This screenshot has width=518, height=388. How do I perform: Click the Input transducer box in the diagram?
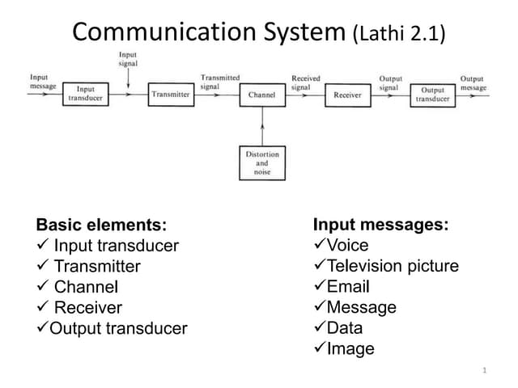point(86,94)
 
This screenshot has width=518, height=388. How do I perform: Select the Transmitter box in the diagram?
point(171,95)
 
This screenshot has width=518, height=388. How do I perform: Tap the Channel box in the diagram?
point(262,95)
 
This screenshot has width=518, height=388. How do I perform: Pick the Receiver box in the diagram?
point(347,95)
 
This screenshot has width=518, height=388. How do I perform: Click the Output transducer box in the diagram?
point(434,95)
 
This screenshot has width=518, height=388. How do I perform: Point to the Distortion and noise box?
point(262,162)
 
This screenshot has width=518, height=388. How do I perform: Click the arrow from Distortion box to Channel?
point(262,126)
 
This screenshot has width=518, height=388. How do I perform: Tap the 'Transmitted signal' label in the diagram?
point(219,82)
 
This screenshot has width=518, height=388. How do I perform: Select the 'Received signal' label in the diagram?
point(305,82)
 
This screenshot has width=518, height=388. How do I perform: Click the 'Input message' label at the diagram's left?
point(42,82)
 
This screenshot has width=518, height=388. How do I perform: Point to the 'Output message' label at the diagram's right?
point(473,82)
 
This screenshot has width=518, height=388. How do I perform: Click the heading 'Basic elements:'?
point(101,225)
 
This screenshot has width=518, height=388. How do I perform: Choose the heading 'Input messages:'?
point(380,224)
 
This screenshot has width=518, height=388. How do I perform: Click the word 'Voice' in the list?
point(347,245)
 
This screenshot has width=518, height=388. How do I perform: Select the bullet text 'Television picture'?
point(393,266)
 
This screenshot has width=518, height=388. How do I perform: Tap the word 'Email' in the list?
point(348,286)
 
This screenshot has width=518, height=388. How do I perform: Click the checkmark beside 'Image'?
point(319,348)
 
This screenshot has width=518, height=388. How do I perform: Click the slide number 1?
point(483,370)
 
